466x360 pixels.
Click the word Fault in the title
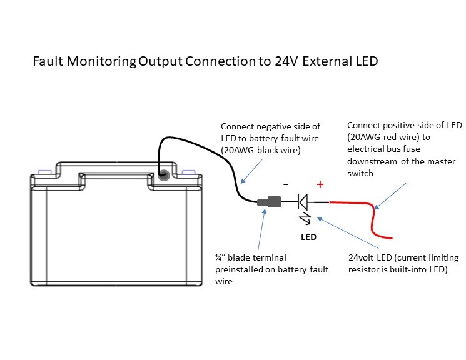point(47,62)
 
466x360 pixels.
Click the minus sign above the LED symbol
point(286,185)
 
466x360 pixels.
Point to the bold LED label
point(308,237)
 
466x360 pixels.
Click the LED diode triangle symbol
point(303,202)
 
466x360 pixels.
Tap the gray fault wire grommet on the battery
point(164,176)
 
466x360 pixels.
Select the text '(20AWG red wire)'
point(380,137)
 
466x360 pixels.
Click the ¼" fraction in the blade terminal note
point(220,257)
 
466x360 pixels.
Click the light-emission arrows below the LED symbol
point(306,219)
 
